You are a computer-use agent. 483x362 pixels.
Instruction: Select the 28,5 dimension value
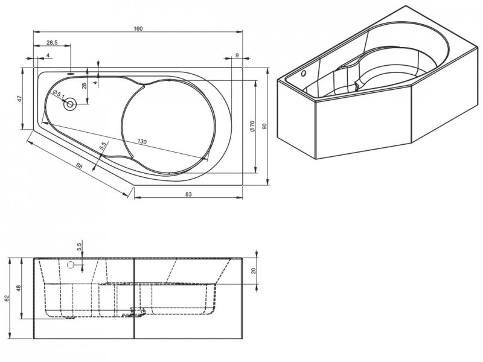pos(52,43)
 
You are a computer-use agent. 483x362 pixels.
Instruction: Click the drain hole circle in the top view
pos(70,104)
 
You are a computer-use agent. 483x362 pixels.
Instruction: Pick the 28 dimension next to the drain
pos(85,86)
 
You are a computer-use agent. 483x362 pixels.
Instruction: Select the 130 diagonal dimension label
pos(142,141)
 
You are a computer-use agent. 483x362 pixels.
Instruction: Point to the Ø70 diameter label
pos(252,127)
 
